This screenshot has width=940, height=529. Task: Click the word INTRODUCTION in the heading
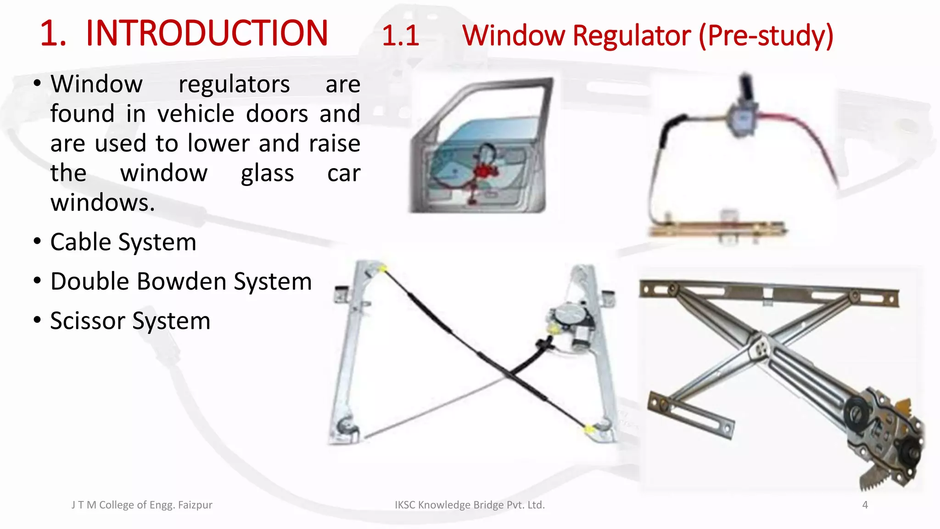(x=207, y=33)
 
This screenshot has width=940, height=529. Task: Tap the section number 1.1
(x=400, y=36)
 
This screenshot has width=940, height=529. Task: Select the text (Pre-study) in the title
(x=766, y=36)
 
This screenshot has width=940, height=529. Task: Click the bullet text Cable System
(x=123, y=242)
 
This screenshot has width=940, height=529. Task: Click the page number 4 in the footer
(x=865, y=505)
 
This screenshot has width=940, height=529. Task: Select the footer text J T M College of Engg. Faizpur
(x=142, y=505)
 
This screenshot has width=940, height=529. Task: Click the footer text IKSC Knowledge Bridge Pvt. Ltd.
(x=470, y=505)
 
